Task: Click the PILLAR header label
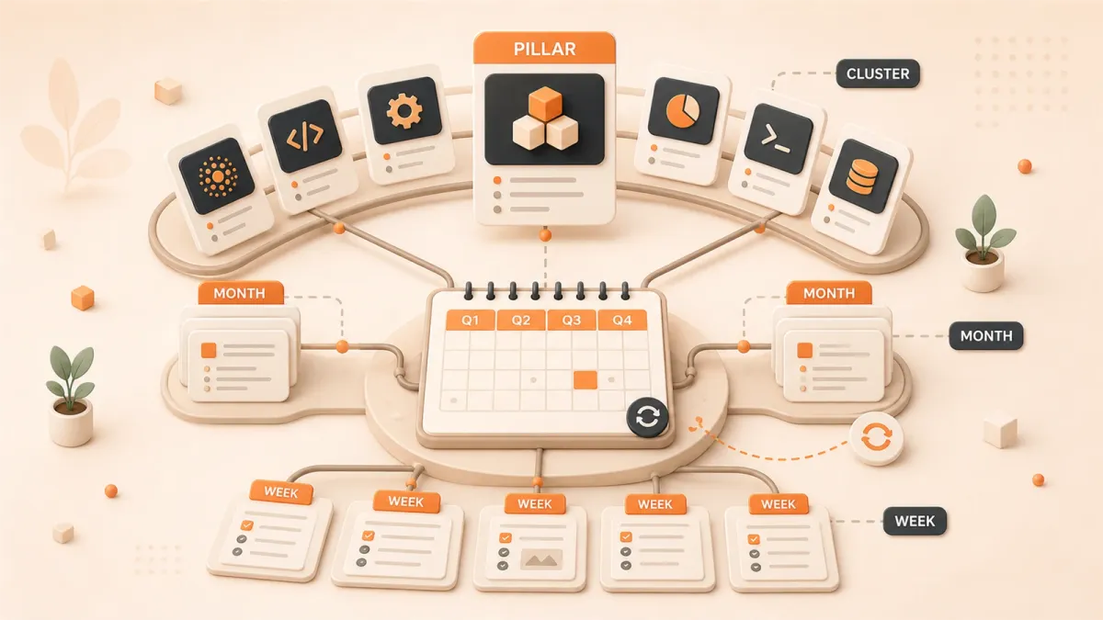(x=544, y=49)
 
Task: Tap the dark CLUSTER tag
(x=878, y=73)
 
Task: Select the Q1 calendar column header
(x=471, y=321)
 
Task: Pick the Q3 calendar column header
(x=571, y=321)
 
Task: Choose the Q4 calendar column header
(x=622, y=321)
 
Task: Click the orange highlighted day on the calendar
(x=586, y=380)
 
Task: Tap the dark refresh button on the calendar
(x=647, y=418)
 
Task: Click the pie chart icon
(x=682, y=111)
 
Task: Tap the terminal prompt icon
(x=776, y=141)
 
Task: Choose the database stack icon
(x=862, y=175)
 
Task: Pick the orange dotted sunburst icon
(x=217, y=176)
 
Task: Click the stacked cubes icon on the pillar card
(x=544, y=118)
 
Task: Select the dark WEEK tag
(x=915, y=521)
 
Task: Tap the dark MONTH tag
(x=985, y=335)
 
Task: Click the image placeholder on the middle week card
(x=541, y=558)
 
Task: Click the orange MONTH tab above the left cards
(x=240, y=293)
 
